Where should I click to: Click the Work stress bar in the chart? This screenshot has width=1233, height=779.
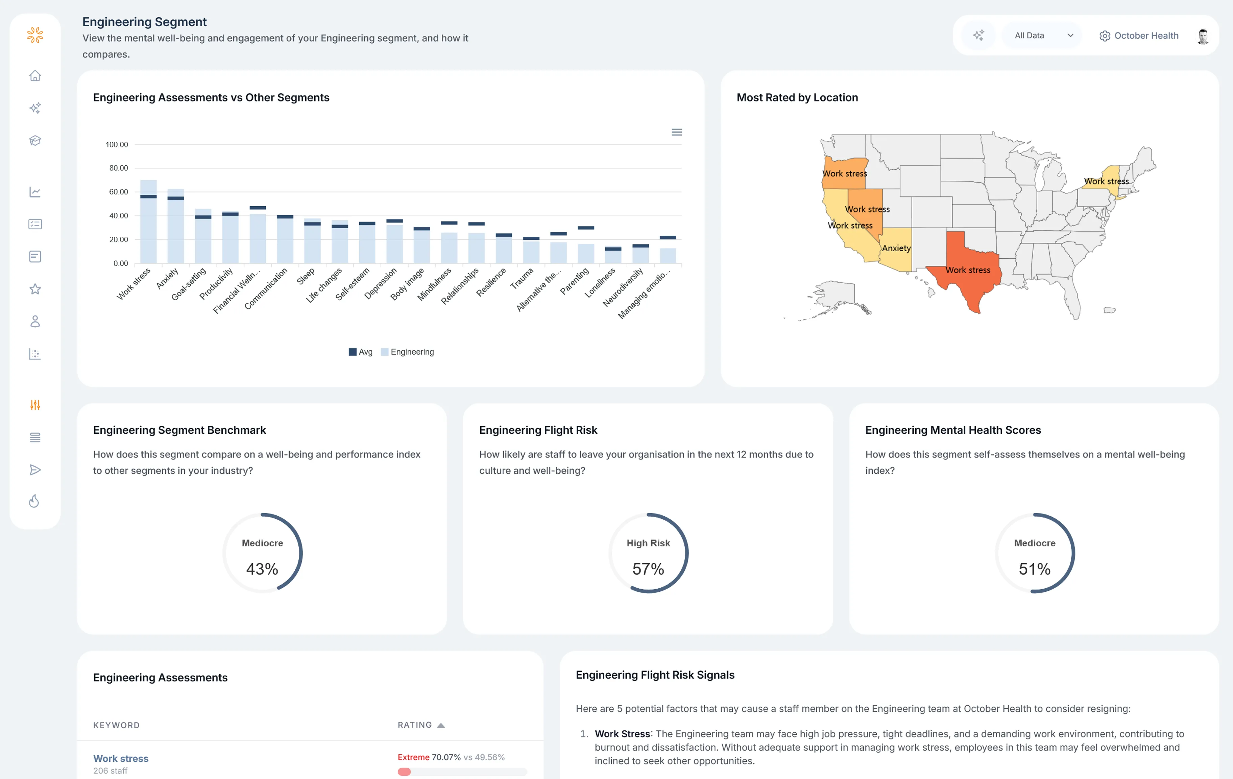tap(148, 226)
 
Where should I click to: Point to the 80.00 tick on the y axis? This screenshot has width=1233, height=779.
tap(118, 168)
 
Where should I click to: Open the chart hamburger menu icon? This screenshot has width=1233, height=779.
tap(676, 132)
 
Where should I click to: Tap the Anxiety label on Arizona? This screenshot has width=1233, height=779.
tap(896, 248)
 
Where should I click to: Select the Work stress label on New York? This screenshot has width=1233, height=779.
tap(1106, 181)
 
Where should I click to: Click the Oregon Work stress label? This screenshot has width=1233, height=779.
tap(844, 174)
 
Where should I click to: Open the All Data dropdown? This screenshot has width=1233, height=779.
tap(1042, 36)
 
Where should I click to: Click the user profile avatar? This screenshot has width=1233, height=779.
tap(1203, 36)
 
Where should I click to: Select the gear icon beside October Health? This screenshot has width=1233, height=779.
tap(1105, 36)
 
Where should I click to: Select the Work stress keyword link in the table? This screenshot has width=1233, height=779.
tap(121, 758)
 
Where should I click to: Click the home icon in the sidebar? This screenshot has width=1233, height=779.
tap(35, 76)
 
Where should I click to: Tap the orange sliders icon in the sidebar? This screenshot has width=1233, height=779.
tap(35, 405)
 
